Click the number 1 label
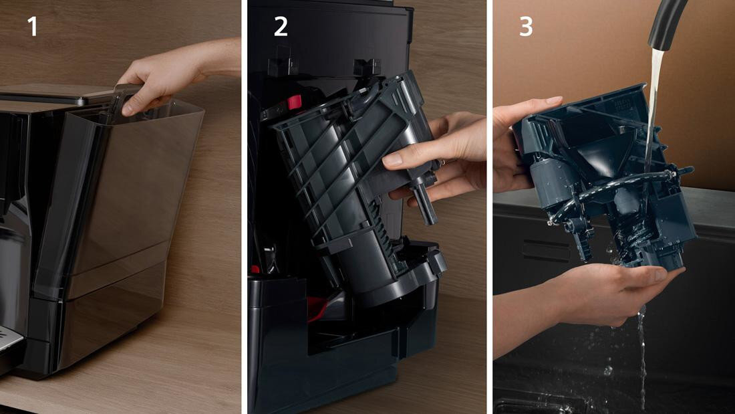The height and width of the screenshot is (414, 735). [32, 27]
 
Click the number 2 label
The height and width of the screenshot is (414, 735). [281, 27]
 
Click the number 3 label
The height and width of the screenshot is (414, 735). [526, 27]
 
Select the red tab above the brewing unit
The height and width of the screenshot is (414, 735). [295, 102]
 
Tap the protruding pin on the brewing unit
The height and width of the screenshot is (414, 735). [426, 202]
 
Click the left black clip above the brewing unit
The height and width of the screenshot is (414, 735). [283, 63]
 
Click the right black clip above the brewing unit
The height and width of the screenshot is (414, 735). [367, 66]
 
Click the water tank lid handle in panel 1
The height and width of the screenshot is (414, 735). [126, 96]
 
